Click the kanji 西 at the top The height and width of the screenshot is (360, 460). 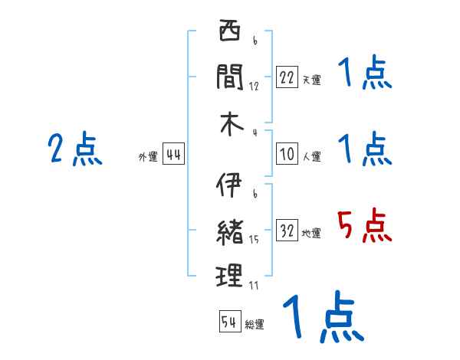click(x=229, y=33)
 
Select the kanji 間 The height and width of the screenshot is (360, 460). click(x=229, y=76)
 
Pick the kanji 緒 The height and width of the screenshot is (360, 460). click(x=229, y=230)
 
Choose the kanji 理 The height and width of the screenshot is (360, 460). click(x=229, y=275)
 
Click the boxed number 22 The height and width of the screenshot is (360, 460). click(x=287, y=77)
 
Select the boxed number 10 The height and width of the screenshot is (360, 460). click(x=287, y=155)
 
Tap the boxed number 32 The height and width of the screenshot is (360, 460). click(x=287, y=231)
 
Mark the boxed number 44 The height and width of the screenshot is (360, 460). click(x=172, y=155)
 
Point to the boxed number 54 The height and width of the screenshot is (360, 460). click(x=229, y=322)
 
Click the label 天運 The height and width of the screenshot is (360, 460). click(x=311, y=80)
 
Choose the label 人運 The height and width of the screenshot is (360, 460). click(x=311, y=157)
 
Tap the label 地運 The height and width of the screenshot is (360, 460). click(x=311, y=234)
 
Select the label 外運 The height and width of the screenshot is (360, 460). click(x=148, y=157)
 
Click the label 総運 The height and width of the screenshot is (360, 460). click(x=255, y=324)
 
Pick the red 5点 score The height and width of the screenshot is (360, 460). click(x=364, y=226)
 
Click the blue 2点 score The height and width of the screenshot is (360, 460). click(x=74, y=149)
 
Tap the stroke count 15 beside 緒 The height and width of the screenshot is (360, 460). click(x=254, y=240)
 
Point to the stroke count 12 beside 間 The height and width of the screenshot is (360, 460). click(x=254, y=86)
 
